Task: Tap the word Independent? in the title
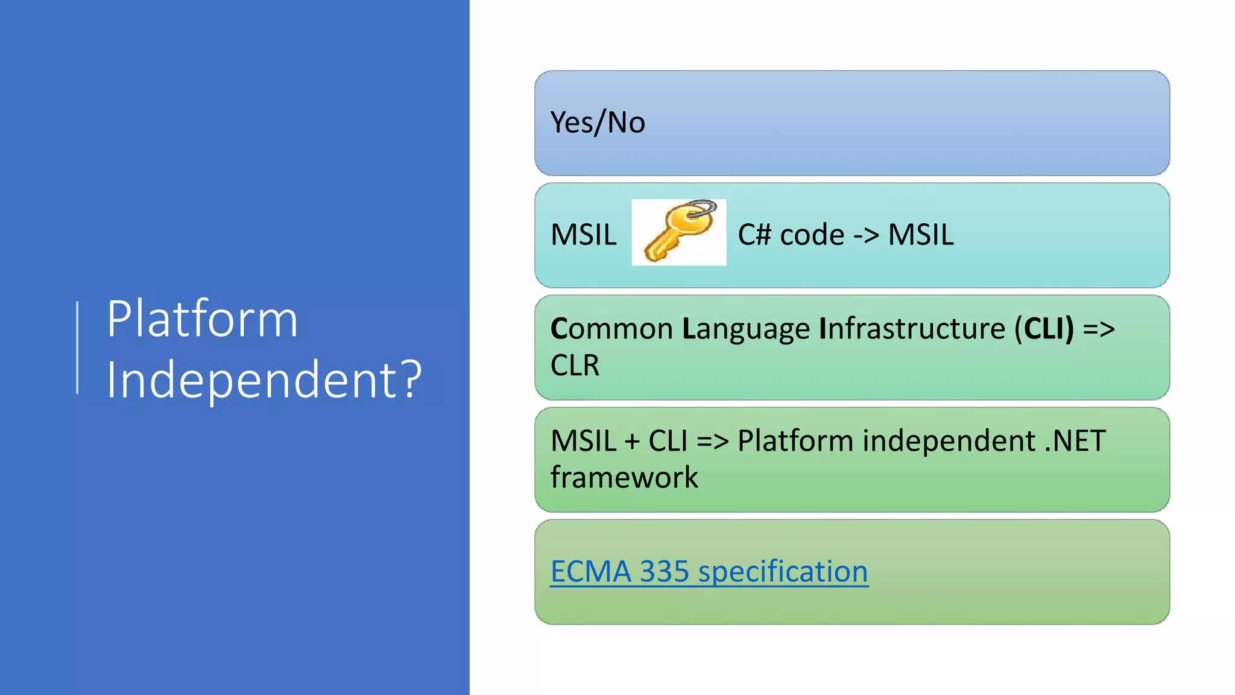pyautogui.click(x=264, y=379)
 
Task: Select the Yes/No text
pyautogui.click(x=598, y=122)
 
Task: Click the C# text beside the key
pyautogui.click(x=754, y=235)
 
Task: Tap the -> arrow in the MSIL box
pyautogui.click(x=866, y=235)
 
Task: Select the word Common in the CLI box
pyautogui.click(x=611, y=329)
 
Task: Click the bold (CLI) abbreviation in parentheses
pyautogui.click(x=1044, y=329)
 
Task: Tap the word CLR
pyautogui.click(x=575, y=366)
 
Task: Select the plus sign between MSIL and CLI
pyautogui.click(x=632, y=442)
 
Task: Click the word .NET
pyautogui.click(x=1075, y=441)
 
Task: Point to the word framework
pyautogui.click(x=624, y=478)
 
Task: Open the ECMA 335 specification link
pyautogui.click(x=709, y=571)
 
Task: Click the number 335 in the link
pyautogui.click(x=664, y=571)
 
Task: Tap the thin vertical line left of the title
pyautogui.click(x=77, y=347)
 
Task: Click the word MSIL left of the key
pyautogui.click(x=583, y=235)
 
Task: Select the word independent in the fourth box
pyautogui.click(x=949, y=441)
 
